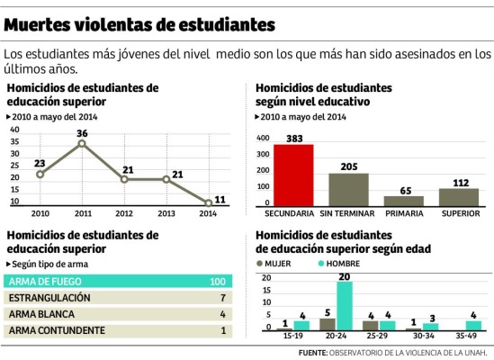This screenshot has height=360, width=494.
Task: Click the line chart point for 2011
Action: point(82,144)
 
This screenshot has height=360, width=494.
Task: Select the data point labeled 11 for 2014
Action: point(208,202)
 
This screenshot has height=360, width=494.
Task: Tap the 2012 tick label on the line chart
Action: point(124,214)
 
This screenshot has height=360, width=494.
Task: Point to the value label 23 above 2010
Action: point(40,163)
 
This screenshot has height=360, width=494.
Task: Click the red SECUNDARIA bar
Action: point(293,175)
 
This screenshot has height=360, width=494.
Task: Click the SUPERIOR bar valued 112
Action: point(458,197)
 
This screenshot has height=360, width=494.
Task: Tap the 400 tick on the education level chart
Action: point(263,139)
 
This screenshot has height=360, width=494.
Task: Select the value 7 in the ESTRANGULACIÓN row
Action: point(221,298)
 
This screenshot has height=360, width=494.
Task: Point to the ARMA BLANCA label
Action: point(44,314)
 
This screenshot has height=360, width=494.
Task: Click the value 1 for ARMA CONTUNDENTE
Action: point(221,330)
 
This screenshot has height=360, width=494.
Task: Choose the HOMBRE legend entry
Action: point(337,264)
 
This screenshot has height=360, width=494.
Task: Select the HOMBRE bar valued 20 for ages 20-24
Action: point(345,306)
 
